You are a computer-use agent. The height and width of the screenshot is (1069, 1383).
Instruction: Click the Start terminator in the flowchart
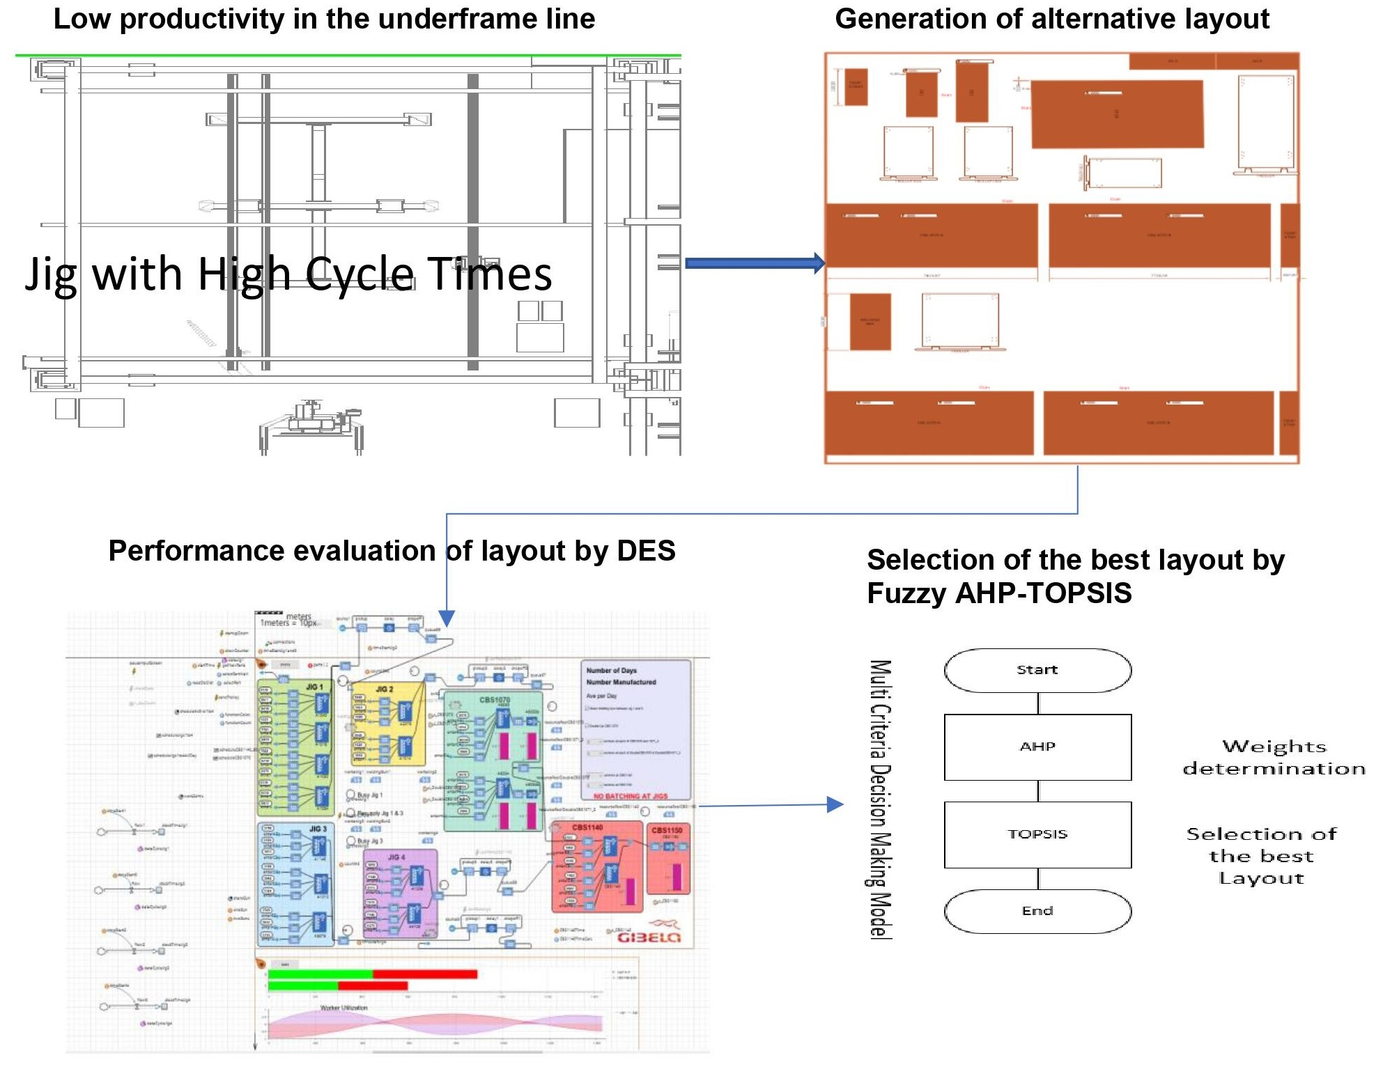[x=1037, y=670]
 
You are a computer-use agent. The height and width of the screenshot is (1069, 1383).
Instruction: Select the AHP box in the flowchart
[x=1037, y=747]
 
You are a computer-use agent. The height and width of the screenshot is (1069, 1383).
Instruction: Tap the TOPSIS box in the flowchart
[x=1037, y=834]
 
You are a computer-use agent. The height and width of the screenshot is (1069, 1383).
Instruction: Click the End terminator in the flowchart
[x=1037, y=911]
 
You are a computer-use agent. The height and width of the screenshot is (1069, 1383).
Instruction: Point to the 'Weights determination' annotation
[x=1274, y=758]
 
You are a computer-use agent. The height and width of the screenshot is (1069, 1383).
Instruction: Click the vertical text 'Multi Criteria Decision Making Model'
[x=880, y=799]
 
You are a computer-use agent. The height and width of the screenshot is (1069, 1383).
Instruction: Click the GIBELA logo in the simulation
[x=649, y=937]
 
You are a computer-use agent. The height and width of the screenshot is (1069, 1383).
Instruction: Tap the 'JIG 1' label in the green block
[x=315, y=687]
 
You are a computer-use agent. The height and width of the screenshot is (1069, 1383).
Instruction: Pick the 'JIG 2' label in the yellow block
[x=385, y=689]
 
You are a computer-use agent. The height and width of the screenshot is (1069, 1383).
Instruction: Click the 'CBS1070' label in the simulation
[x=495, y=700]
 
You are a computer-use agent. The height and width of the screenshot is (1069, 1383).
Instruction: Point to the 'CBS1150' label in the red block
[x=667, y=830]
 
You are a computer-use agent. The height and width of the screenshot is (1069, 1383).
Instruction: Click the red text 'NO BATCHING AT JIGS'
[x=630, y=796]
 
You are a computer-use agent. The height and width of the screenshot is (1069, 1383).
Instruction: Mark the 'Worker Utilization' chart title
[x=343, y=1008]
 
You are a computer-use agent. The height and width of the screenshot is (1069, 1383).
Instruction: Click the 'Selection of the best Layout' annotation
[x=1261, y=856]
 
